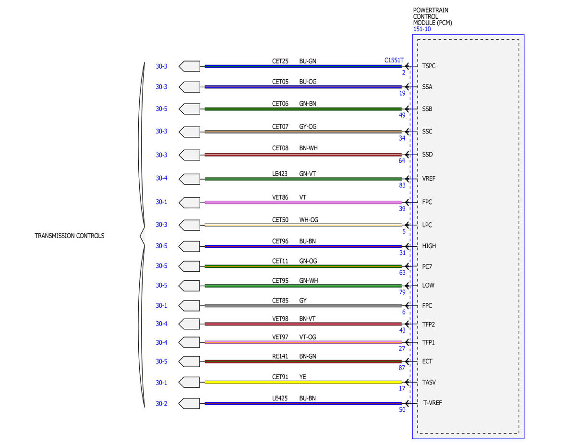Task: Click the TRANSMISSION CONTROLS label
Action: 69,236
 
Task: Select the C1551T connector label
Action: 394,60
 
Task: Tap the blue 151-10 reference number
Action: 422,29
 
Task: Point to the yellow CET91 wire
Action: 303,382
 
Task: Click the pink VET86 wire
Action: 303,202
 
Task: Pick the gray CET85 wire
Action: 303,306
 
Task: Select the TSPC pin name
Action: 429,66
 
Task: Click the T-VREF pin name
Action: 432,403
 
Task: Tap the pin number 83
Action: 402,185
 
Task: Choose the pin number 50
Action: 402,410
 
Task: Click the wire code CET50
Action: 280,220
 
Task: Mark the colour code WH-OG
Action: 309,220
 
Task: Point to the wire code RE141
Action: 280,356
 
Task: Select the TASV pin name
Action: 429,382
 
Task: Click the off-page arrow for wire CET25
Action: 189,66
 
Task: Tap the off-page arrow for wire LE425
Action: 189,403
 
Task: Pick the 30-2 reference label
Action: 161,404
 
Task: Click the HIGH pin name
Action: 429,246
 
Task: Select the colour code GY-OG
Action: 308,126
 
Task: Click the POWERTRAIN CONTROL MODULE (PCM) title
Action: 432,16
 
